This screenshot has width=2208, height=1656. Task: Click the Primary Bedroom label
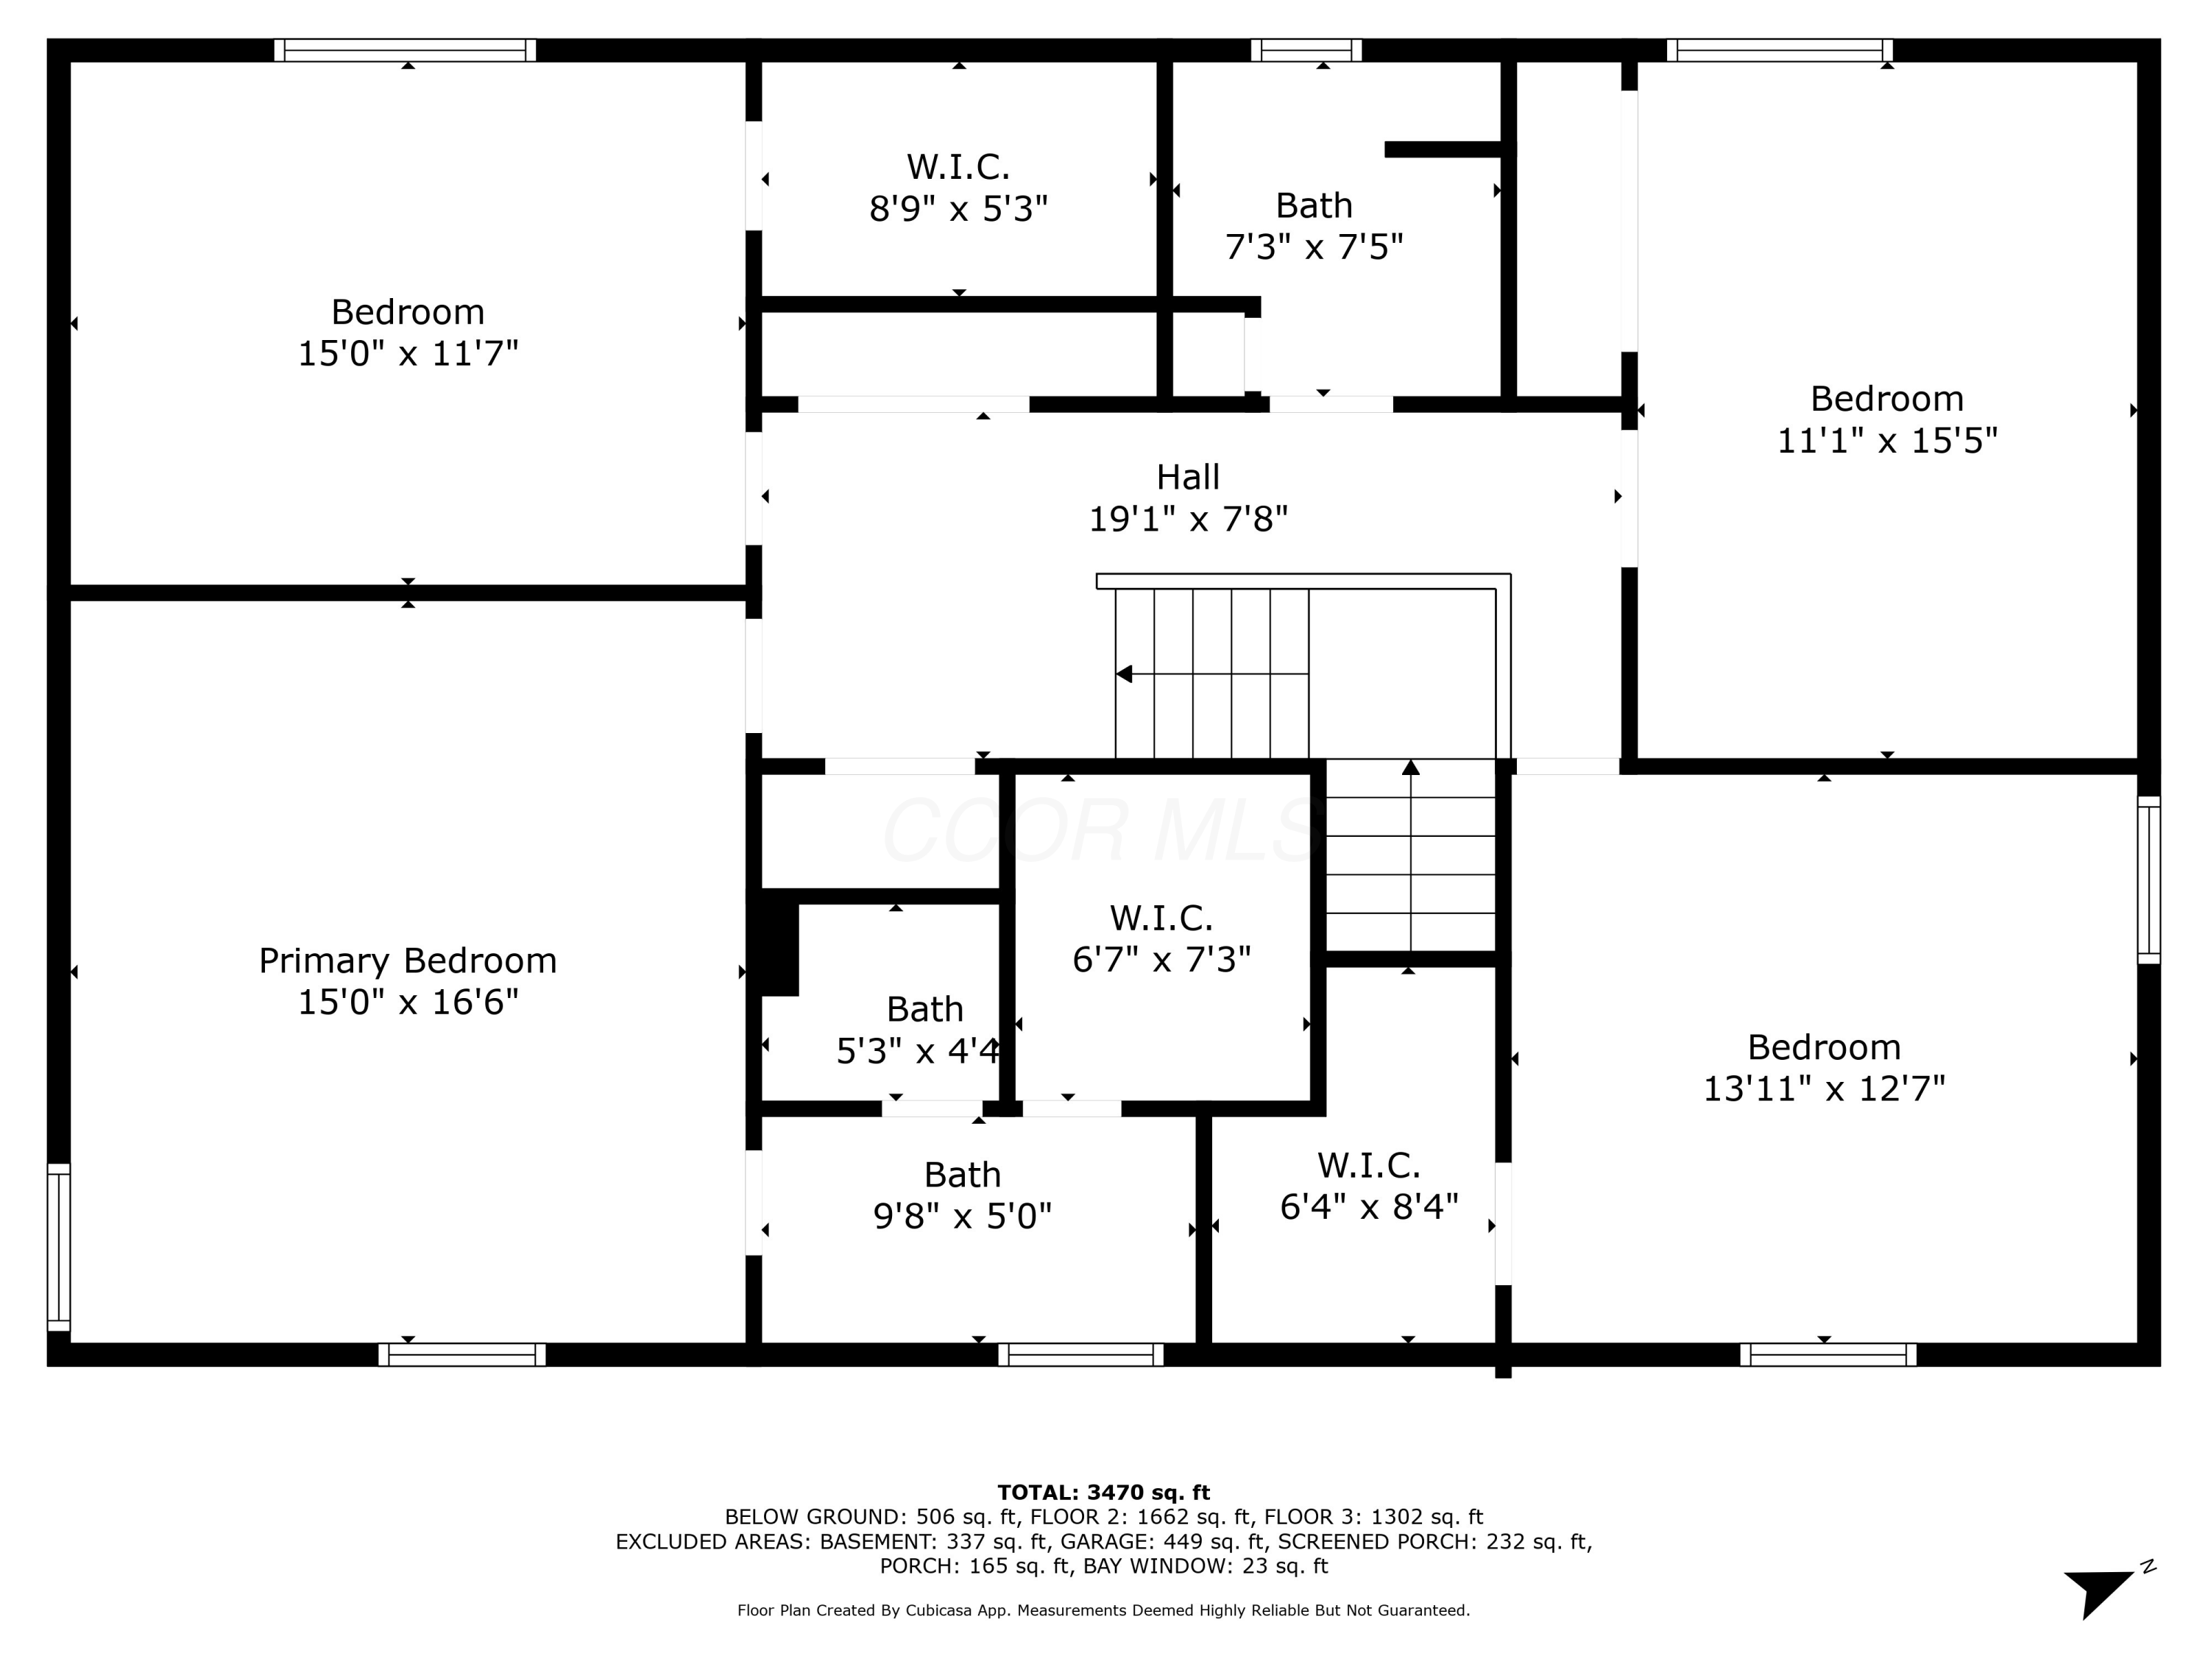407,960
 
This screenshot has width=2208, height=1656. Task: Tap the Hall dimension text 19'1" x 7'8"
1188,519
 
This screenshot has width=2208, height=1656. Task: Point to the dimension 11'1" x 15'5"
1886,440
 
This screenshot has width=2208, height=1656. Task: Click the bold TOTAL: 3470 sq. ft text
1103,1493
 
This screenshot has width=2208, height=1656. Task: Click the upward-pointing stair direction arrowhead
1410,768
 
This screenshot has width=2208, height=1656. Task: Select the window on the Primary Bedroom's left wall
59,1247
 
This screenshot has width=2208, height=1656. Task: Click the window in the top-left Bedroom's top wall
406,50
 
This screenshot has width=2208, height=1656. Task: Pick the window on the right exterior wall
2148,880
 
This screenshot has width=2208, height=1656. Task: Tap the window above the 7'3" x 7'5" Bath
1306,50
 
